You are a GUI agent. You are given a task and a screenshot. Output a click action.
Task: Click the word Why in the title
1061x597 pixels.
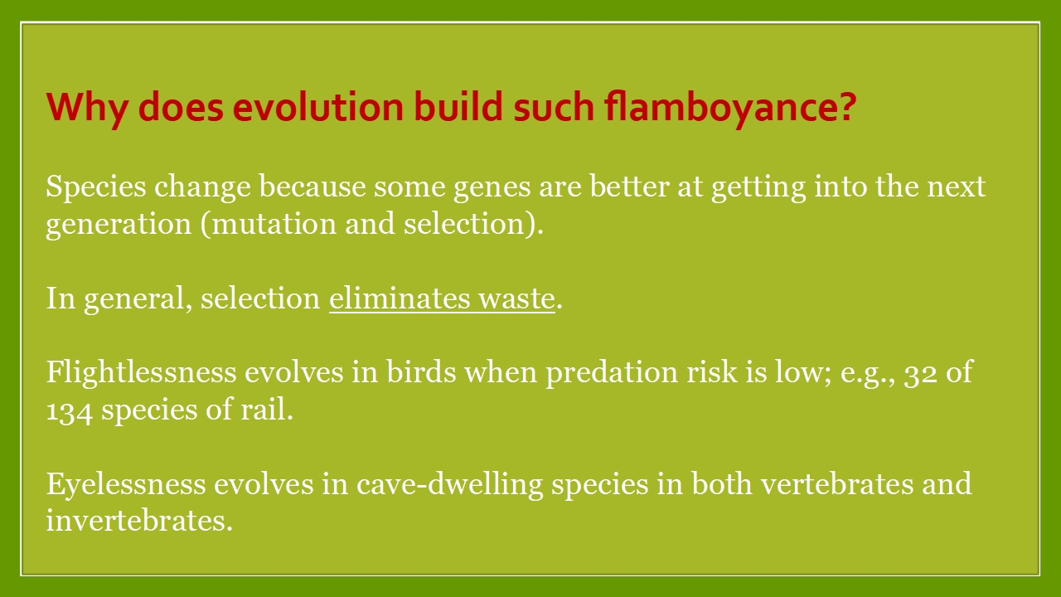pos(87,108)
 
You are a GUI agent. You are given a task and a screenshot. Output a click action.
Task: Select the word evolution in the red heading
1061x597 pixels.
pos(317,106)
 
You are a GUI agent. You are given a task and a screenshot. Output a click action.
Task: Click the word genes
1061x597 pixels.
pos(492,188)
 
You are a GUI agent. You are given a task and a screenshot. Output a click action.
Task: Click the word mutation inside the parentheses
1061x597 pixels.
pos(274,224)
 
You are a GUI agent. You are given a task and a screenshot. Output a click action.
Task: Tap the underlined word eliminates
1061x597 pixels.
pos(400,298)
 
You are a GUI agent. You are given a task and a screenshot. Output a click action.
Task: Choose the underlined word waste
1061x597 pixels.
pos(516,299)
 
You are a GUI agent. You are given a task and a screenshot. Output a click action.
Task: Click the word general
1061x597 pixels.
pos(138,300)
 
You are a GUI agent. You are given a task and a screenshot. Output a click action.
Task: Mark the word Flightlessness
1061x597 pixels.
pos(141,372)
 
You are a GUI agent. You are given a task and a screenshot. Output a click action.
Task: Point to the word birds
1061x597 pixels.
pos(421,372)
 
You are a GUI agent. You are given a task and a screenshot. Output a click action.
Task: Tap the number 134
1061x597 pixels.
pos(69,411)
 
